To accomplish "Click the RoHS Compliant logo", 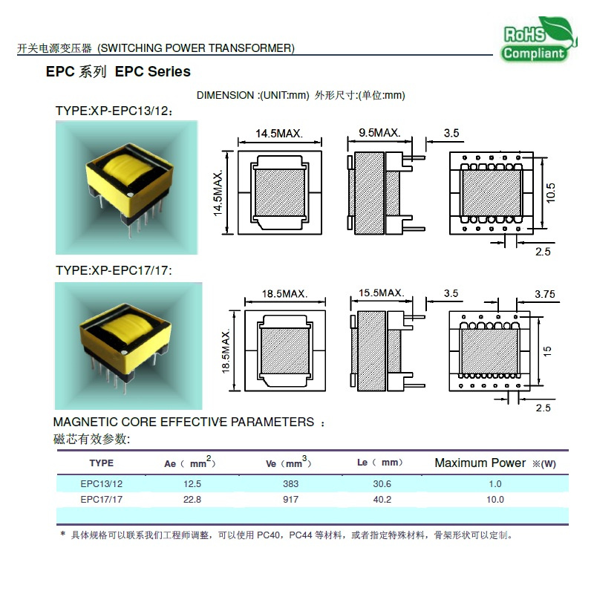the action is tap(538, 40).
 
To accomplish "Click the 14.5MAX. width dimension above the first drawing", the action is tap(279, 134).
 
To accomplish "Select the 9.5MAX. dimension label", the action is tap(379, 133).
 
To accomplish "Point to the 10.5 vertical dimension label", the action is tap(550, 192).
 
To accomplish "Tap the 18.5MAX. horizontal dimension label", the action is tap(285, 293).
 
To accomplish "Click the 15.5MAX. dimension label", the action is tap(382, 293).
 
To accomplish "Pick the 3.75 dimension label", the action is tap(545, 294).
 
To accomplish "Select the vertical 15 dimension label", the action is tap(547, 350).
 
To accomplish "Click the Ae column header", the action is tap(189, 462).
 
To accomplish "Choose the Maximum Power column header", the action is tap(495, 463).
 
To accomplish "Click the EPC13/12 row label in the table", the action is tap(101, 484).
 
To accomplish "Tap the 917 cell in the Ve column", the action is tap(290, 499).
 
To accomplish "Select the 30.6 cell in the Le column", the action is tap(382, 484).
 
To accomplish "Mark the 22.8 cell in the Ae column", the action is tap(192, 499).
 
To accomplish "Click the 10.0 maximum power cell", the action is tap(495, 499).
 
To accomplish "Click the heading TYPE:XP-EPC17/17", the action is tap(114, 270).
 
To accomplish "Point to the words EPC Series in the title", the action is tap(153, 71).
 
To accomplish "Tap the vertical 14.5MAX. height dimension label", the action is tap(218, 193).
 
